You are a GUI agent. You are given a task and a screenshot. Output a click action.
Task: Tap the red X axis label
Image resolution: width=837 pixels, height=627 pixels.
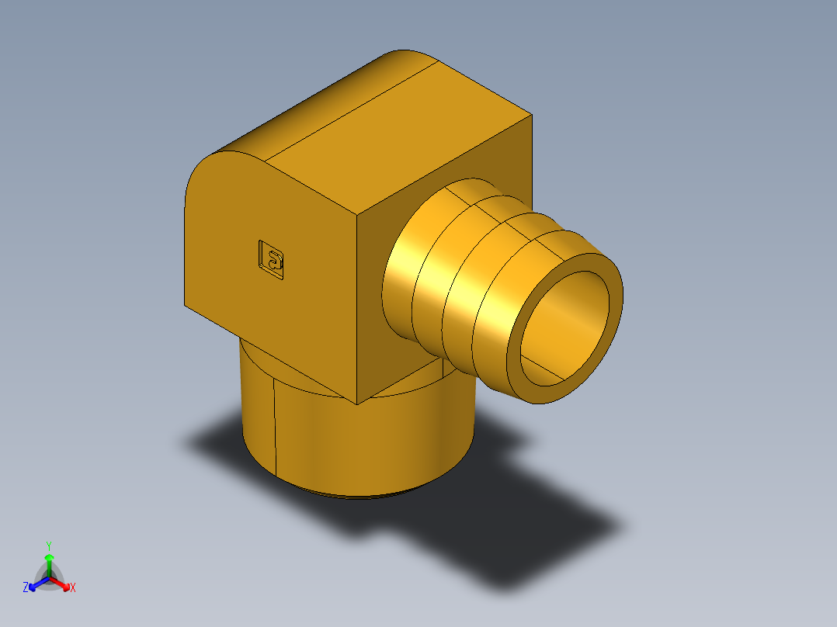pos(73,588)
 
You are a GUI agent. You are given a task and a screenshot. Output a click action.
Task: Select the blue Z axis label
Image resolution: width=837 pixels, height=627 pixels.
pos(25,588)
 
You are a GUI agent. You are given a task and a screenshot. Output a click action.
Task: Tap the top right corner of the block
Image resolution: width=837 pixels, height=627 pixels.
pos(532,115)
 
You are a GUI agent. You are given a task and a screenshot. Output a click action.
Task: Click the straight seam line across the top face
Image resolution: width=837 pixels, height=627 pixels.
pos(349,109)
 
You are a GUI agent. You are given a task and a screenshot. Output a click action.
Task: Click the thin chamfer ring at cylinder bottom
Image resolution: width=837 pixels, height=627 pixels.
pos(365,494)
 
